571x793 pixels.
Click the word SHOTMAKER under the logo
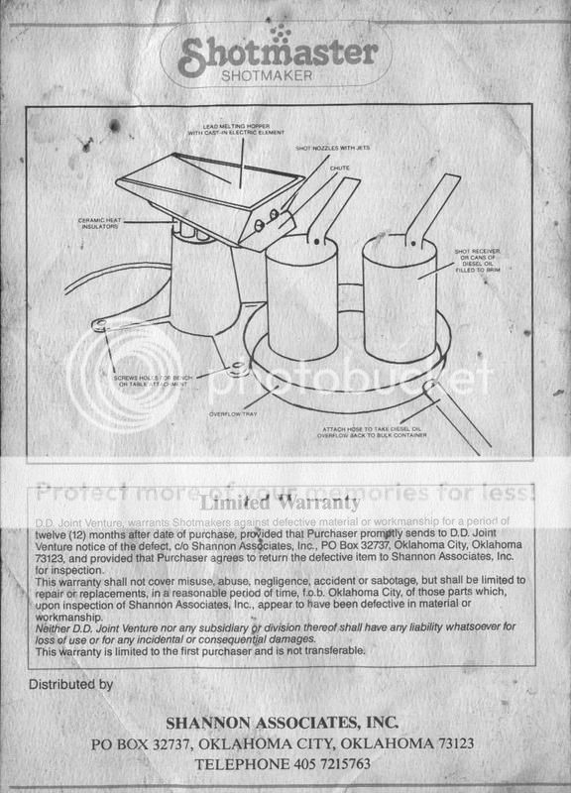tap(285, 76)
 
